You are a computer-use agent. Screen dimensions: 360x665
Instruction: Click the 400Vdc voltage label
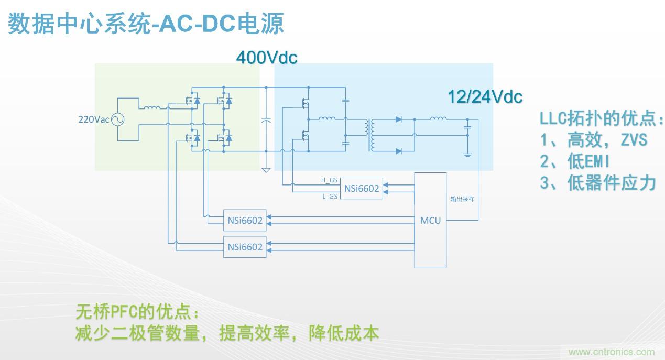[x=267, y=58]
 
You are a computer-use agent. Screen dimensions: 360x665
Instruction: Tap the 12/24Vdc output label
[x=485, y=97]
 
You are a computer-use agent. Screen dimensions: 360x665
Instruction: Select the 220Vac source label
[x=93, y=119]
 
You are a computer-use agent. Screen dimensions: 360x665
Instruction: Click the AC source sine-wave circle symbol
[x=117, y=119]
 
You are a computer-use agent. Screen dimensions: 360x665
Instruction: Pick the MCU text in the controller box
[x=430, y=220]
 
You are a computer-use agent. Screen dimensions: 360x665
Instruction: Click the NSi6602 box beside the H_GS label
[x=362, y=189]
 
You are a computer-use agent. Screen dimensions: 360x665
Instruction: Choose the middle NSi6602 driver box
[x=245, y=220]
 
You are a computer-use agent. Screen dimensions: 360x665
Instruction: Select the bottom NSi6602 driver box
[x=245, y=247]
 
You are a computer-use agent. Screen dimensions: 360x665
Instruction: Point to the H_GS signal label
[x=329, y=180]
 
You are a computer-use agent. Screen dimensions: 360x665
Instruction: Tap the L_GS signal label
[x=329, y=197]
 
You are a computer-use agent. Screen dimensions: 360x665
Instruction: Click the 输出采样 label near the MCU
[x=462, y=199]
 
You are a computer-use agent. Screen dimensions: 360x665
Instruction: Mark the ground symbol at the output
[x=467, y=155]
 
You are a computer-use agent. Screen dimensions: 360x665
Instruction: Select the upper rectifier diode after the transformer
[x=398, y=119]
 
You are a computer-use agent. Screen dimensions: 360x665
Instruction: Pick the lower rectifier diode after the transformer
[x=398, y=151]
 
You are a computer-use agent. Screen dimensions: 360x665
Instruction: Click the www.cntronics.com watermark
[x=611, y=352]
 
